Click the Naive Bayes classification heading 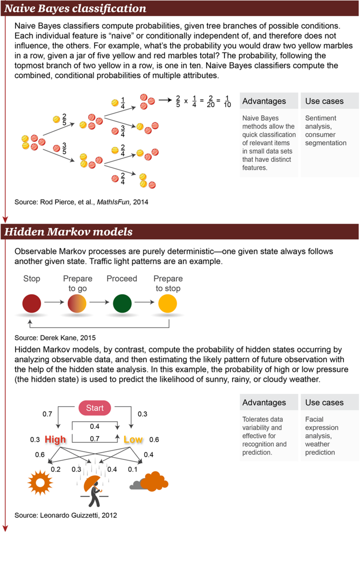pyautogui.click(x=75, y=8)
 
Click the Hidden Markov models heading pyautogui.click(x=68, y=231)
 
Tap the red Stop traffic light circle pyautogui.click(x=32, y=303)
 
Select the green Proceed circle pyautogui.click(x=122, y=303)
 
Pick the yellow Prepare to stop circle pyautogui.click(x=167, y=303)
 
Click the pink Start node pyautogui.click(x=95, y=408)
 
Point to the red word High pyautogui.click(x=55, y=439)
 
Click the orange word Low pyautogui.click(x=133, y=439)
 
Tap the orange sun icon pyautogui.click(x=40, y=482)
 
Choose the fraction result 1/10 pyautogui.click(x=227, y=101)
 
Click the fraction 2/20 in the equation pyautogui.click(x=210, y=101)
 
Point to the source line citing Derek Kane pyautogui.click(x=55, y=338)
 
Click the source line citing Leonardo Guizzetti pyautogui.click(x=66, y=515)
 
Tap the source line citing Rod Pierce pyautogui.click(x=81, y=202)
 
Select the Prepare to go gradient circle pyautogui.click(x=77, y=303)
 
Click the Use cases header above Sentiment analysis pyautogui.click(x=324, y=101)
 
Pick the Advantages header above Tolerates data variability pyautogui.click(x=264, y=402)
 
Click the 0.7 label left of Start pyautogui.click(x=47, y=414)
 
